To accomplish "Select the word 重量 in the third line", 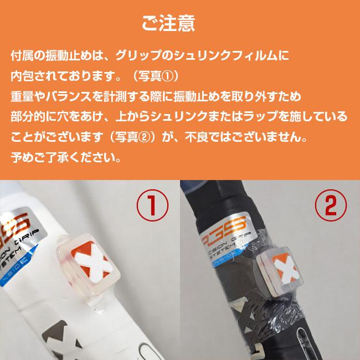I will click(x=20, y=96).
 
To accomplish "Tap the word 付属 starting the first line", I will click(x=20, y=56).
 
